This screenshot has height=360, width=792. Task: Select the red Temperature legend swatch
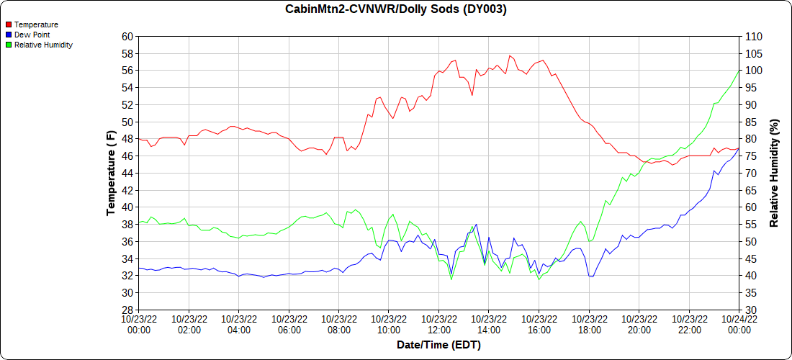9,25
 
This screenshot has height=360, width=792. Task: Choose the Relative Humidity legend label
43,45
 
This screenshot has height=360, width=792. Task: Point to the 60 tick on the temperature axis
127,36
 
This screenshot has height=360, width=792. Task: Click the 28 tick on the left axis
127,310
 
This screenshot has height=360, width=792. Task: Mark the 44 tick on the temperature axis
127,173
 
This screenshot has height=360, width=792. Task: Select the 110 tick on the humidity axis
752,36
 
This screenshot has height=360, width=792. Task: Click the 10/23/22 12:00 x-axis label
438,325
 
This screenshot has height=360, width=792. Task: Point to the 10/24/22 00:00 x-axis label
739,325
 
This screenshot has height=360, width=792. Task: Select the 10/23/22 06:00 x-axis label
289,325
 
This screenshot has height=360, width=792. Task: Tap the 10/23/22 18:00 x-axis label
589,325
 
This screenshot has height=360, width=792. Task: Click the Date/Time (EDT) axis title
438,345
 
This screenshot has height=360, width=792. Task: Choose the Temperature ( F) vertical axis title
111,173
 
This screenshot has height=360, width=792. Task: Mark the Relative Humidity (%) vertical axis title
774,173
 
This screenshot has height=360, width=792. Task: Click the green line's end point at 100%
739,71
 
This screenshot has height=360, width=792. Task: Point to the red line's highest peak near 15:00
509,55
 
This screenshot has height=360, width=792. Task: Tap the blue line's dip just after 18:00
592,276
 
